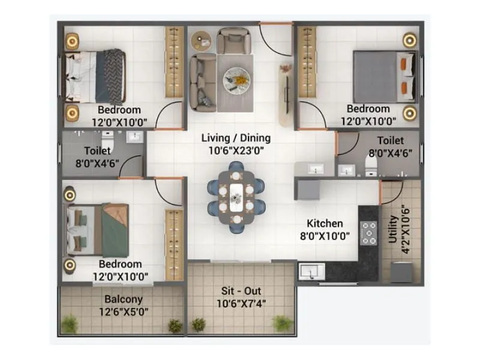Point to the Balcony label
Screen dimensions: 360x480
coord(123,299)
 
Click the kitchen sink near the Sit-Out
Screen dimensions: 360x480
coord(311,272)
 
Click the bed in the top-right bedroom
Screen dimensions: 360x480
coord(383,76)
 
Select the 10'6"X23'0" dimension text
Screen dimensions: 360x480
coord(236,151)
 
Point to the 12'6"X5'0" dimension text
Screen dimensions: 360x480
coord(123,311)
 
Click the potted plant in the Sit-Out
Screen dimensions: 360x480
coord(282,323)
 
